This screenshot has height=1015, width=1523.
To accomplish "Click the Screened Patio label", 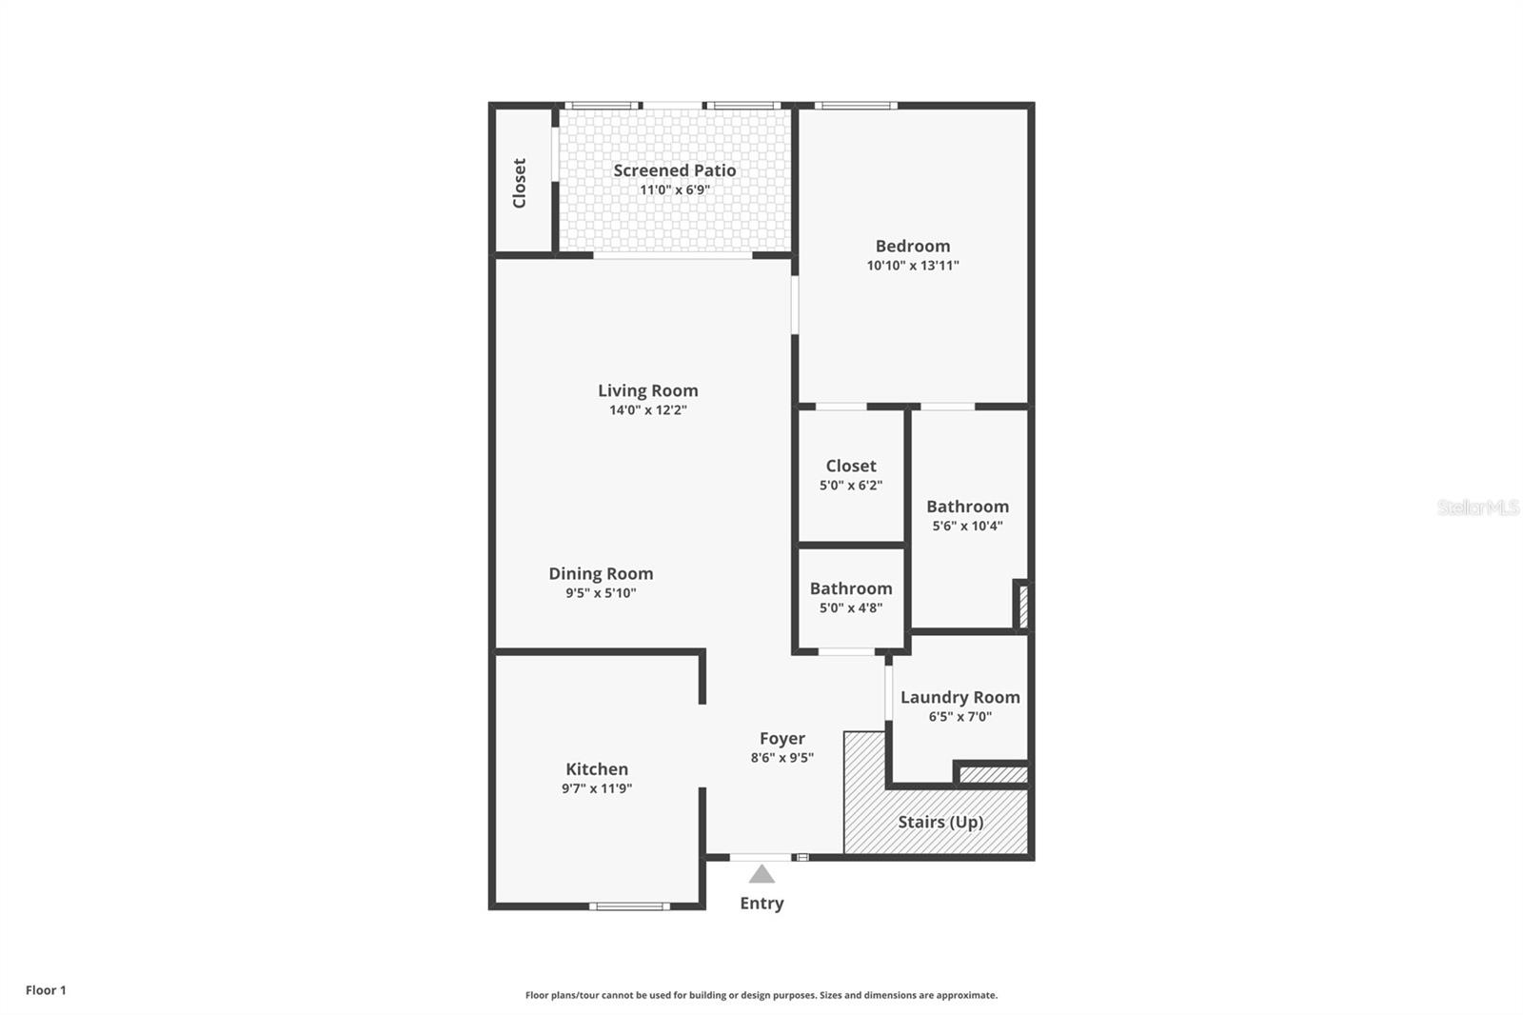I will pos(674,170).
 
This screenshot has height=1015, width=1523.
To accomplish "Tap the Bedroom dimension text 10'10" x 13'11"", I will pos(912,266).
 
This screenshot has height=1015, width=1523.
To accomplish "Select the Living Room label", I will pos(647,390).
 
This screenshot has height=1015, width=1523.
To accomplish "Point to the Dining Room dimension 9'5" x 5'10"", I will pos(601,593).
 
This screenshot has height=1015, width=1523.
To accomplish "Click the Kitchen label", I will pos(597,769).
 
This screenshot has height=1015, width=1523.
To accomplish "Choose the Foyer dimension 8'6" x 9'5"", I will pos(781,758).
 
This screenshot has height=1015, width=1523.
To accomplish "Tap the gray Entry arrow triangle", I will pos(761,874).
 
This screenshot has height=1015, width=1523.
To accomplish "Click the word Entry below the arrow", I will pos(761,904).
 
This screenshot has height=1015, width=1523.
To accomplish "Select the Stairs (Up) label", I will pos(940,822).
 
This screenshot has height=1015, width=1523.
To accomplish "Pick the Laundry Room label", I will pos(959,697).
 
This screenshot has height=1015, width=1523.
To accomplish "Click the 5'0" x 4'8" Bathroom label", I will pos(851,588).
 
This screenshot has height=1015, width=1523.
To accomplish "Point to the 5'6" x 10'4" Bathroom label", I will pos(967,507).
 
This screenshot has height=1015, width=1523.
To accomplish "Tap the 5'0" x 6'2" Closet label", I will pos(851,466).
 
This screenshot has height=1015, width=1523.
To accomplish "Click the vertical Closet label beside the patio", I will pos(520,183).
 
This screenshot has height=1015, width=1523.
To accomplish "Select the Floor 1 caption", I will pos(46,990).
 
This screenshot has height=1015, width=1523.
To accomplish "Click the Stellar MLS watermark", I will pos(1477,507).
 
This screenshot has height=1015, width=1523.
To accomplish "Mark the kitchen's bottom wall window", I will pos(628,906).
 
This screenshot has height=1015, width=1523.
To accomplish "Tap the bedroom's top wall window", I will pos(855,106).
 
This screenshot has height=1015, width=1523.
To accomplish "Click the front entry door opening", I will pos(760,858).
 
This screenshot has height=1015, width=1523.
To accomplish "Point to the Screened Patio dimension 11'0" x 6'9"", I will pos(674,190).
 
